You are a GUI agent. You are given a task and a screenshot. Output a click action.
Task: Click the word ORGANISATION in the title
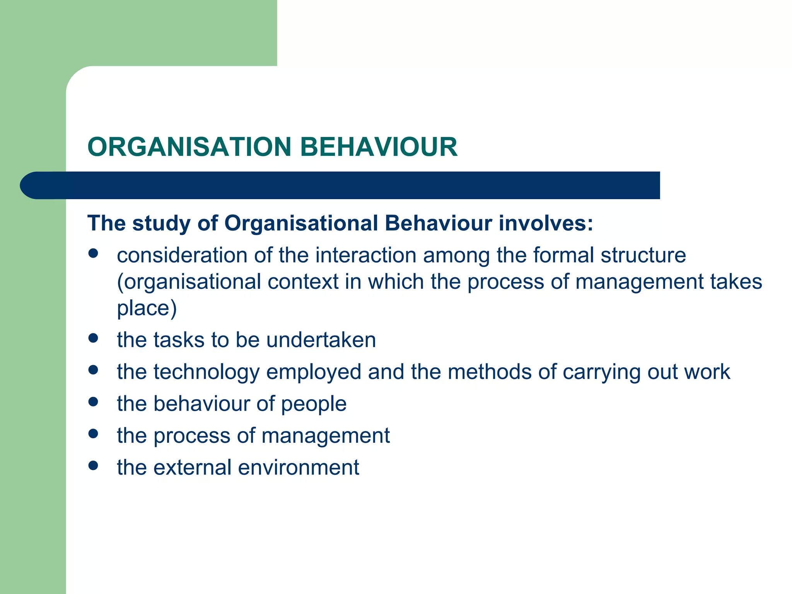tap(189, 147)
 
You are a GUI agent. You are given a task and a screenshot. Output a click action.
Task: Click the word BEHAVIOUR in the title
tap(379, 147)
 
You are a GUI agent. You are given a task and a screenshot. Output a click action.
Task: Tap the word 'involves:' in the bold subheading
tap(546, 223)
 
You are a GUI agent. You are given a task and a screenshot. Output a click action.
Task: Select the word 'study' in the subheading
tap(162, 224)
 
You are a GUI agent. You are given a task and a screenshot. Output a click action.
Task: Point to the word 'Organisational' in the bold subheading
tap(301, 223)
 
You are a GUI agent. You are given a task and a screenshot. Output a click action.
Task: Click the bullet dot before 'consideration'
tap(93, 254)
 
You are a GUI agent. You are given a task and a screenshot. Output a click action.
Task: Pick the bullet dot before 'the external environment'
tap(93, 466)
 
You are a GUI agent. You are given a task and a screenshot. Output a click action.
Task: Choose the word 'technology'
tap(206, 372)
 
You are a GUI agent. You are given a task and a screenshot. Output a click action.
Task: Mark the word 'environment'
tap(299, 467)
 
